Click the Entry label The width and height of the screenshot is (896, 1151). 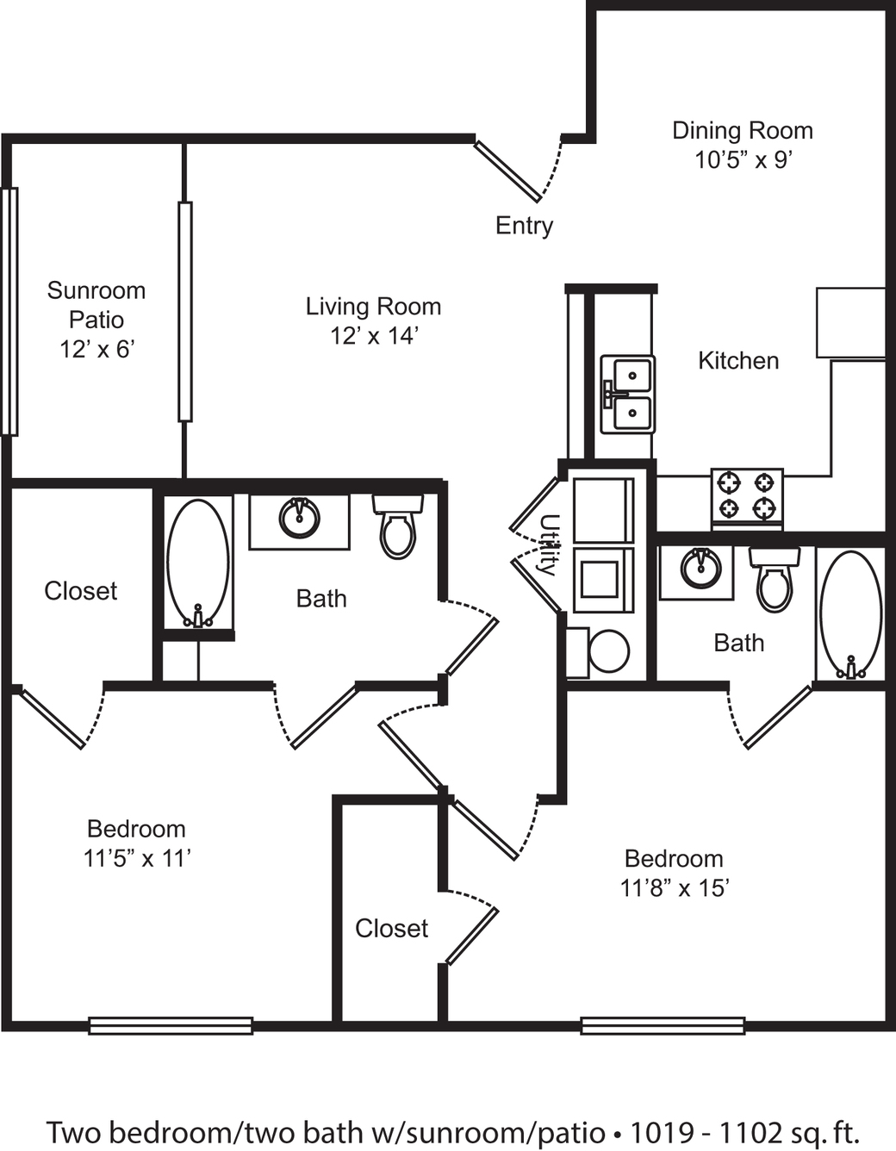coord(525,227)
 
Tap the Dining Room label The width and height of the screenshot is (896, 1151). coord(743,131)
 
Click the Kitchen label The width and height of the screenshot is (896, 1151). coord(738,361)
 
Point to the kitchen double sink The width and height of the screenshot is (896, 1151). coord(627,394)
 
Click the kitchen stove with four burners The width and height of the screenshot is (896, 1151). coord(747,499)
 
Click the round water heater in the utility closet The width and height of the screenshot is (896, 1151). coord(609,651)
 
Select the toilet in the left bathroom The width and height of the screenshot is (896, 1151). coord(398,526)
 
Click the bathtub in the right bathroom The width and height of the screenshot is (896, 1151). coord(851,614)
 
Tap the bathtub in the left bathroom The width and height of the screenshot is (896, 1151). coord(198,563)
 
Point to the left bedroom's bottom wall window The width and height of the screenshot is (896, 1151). coord(171,1025)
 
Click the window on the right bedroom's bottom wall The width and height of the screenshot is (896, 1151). coord(663,1025)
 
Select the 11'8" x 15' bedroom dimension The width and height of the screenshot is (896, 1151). coord(675,888)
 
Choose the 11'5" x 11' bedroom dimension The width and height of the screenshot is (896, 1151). coord(137,859)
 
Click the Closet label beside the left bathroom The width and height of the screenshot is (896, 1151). coord(80,591)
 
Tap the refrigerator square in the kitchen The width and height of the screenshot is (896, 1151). coord(851,322)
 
